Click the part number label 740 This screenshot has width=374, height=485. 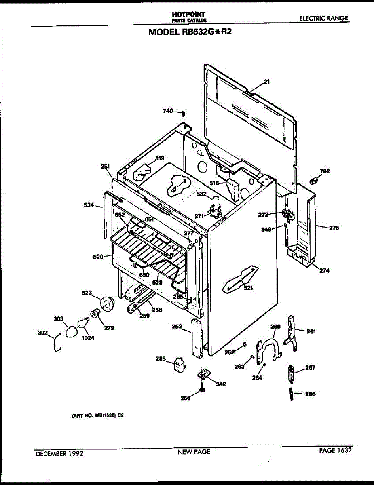click(x=168, y=111)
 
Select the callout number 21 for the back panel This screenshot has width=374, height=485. click(x=266, y=82)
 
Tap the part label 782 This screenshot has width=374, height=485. click(x=325, y=171)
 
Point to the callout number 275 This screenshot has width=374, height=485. click(x=334, y=228)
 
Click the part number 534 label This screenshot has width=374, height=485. click(x=89, y=206)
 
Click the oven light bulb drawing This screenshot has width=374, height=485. click(x=83, y=323)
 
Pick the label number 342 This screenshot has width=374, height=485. click(x=221, y=384)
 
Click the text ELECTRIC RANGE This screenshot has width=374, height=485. click(x=323, y=19)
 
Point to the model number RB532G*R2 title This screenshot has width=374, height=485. click(x=190, y=32)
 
